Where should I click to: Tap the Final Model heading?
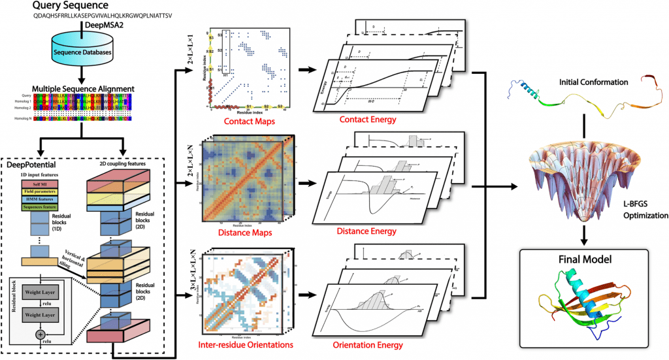(x=585, y=259)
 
